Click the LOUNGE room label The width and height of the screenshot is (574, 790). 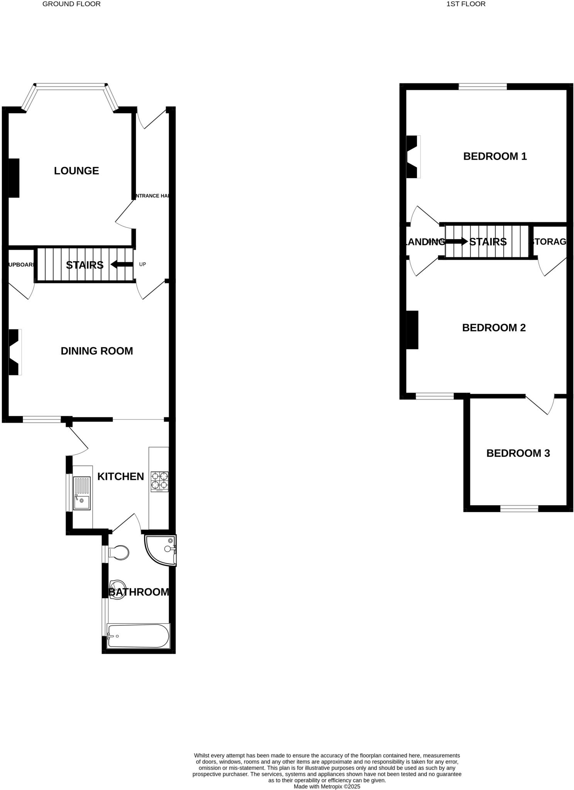(76, 171)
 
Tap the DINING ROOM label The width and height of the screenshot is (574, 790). (97, 351)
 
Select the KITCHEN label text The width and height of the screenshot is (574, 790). (120, 477)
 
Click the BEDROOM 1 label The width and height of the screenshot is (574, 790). (495, 157)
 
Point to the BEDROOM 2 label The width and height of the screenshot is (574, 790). (494, 328)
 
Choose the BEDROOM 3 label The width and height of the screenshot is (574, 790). (518, 453)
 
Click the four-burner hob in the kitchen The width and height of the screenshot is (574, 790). (159, 481)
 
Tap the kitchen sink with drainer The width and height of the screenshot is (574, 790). (82, 493)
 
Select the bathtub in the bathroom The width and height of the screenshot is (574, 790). (138, 636)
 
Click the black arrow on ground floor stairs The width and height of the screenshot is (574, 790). (122, 265)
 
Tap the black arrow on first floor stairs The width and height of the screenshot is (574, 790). (456, 241)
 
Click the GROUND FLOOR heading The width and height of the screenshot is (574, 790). (71, 4)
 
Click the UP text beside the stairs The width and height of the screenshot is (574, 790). (142, 265)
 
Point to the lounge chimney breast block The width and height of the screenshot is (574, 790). (14, 178)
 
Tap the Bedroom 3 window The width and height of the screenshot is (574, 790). (519, 509)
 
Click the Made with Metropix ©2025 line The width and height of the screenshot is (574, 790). (327, 786)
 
